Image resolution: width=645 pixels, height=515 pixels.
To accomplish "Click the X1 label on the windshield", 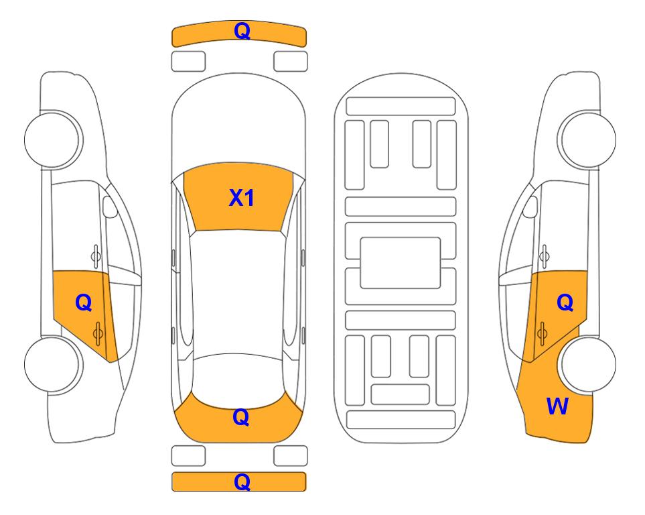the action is pyautogui.click(x=242, y=198).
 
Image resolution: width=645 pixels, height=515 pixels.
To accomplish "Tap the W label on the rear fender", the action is pyautogui.click(x=557, y=406).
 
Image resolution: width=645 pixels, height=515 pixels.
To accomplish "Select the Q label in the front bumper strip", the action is pyautogui.click(x=242, y=31).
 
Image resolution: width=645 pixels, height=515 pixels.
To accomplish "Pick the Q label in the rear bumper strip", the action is pyautogui.click(x=242, y=481).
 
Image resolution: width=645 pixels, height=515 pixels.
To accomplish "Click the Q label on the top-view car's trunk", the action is pyautogui.click(x=241, y=417).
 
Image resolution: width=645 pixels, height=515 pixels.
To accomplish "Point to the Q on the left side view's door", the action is pyautogui.click(x=84, y=303).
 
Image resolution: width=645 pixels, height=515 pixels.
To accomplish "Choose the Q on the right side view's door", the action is pyautogui.click(x=565, y=303).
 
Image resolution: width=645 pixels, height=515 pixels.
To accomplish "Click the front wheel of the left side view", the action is pyautogui.click(x=52, y=139).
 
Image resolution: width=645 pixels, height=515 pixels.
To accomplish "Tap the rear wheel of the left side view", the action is pyautogui.click(x=52, y=364).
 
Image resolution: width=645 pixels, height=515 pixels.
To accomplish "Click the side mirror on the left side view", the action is pyautogui.click(x=109, y=207).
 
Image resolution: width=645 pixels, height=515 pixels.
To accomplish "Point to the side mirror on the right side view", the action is pyautogui.click(x=530, y=207).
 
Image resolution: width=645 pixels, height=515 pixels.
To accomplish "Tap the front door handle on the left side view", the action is pyautogui.click(x=96, y=256).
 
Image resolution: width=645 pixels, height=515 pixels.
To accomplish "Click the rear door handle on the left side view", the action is pyautogui.click(x=98, y=333).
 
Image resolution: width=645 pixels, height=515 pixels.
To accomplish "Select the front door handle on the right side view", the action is pyautogui.click(x=545, y=256).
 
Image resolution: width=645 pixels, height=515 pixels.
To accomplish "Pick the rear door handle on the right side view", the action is pyautogui.click(x=542, y=333).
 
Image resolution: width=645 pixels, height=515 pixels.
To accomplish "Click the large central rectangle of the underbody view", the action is pyautogui.click(x=401, y=263).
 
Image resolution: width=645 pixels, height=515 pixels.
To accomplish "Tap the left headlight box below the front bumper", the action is pyautogui.click(x=188, y=62).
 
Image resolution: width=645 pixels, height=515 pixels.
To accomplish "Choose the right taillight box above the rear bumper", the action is pyautogui.click(x=291, y=456).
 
